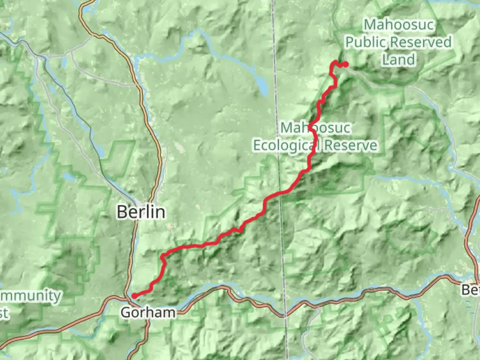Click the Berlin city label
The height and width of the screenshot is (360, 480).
(x=141, y=212)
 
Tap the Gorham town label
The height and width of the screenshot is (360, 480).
(x=148, y=313)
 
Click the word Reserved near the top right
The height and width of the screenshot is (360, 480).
(x=421, y=42)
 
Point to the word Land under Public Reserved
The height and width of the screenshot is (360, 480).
(x=399, y=60)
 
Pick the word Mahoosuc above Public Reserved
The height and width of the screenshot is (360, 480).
(x=399, y=25)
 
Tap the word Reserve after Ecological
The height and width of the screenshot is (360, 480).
(x=351, y=145)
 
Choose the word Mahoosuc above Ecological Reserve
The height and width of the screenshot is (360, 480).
(x=316, y=128)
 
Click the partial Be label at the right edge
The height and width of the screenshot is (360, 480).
(x=471, y=290)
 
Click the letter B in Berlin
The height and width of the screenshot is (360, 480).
(x=122, y=212)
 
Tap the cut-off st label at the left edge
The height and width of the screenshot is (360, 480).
(x=4, y=313)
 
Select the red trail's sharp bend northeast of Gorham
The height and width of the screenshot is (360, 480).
(x=163, y=256)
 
